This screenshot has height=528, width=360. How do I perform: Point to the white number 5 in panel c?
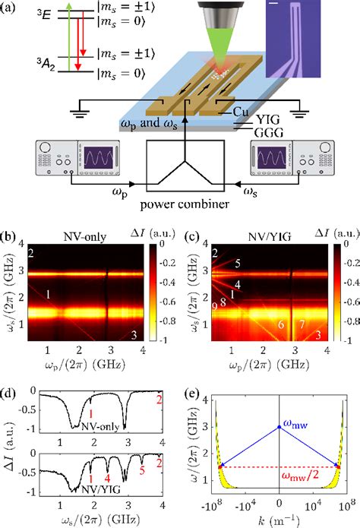(237, 264)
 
